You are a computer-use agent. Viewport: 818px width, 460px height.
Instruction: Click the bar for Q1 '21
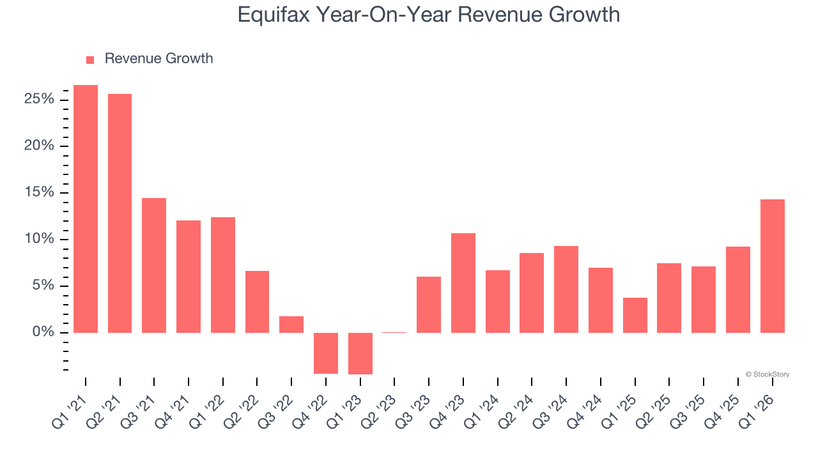pyautogui.click(x=86, y=209)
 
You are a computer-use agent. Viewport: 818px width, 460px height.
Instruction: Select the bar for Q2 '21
pyautogui.click(x=120, y=213)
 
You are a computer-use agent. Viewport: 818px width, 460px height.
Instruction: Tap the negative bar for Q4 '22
pyautogui.click(x=326, y=353)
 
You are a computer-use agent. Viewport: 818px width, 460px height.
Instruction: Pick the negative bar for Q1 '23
pyautogui.click(x=360, y=353)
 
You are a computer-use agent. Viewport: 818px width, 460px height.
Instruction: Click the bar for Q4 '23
pyautogui.click(x=463, y=283)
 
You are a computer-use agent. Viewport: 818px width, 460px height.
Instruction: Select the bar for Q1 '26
pyautogui.click(x=772, y=266)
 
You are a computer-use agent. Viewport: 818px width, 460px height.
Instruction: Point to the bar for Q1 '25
pyautogui.click(x=635, y=315)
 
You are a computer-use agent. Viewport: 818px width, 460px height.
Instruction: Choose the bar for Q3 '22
pyautogui.click(x=291, y=325)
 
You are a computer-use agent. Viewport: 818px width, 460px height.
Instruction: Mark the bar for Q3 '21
pyautogui.click(x=154, y=265)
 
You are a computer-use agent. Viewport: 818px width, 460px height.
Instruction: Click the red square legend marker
pyautogui.click(x=90, y=59)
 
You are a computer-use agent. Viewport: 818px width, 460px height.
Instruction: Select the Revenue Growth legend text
pyautogui.click(x=158, y=59)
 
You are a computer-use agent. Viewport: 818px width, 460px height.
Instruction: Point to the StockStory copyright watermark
pyautogui.click(x=767, y=374)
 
